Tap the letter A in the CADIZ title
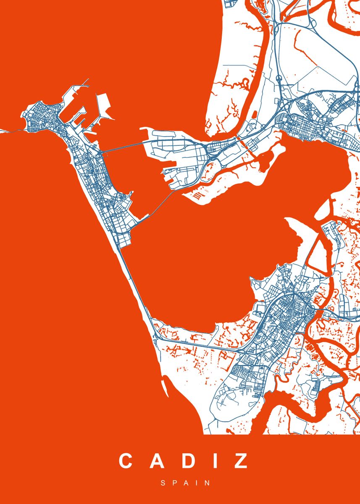tap(155, 461)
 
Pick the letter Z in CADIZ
tap(240, 461)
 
